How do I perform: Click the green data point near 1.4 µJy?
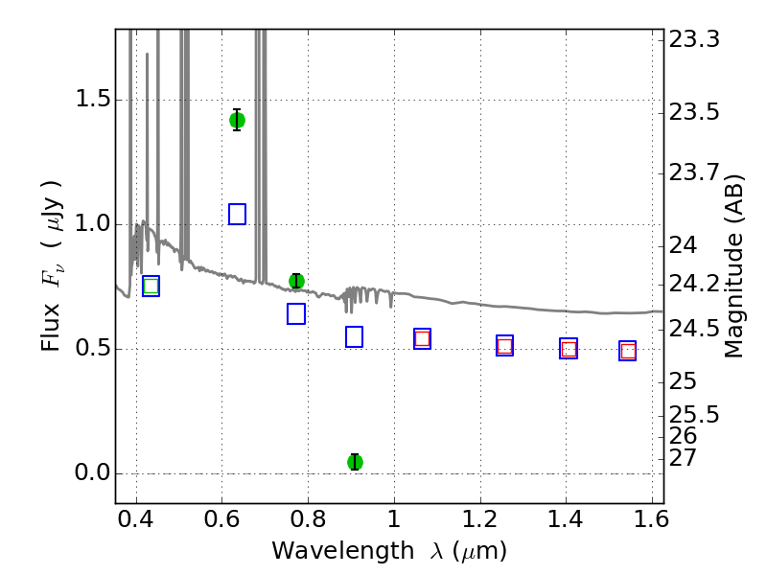click(x=237, y=120)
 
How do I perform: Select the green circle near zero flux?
click(x=355, y=462)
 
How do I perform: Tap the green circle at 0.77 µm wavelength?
click(x=296, y=281)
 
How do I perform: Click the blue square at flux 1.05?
click(x=237, y=214)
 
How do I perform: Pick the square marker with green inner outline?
click(x=151, y=286)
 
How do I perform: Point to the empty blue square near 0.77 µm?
click(x=296, y=314)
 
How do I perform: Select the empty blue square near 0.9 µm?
click(x=354, y=337)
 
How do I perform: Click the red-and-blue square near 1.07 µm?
click(x=422, y=339)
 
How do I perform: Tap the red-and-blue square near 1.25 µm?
click(x=505, y=346)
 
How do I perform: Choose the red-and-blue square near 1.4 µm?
click(x=569, y=348)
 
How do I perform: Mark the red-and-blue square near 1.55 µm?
click(x=628, y=351)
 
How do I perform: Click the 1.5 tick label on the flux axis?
click(x=92, y=100)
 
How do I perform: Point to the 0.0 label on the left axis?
click(x=92, y=472)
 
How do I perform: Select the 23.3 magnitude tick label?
click(x=694, y=39)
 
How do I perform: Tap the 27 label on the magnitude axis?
click(x=683, y=458)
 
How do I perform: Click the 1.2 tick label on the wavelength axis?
click(x=480, y=519)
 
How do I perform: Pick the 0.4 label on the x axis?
click(x=136, y=519)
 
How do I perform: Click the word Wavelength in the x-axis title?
click(x=343, y=551)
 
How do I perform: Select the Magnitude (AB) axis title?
click(x=733, y=266)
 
